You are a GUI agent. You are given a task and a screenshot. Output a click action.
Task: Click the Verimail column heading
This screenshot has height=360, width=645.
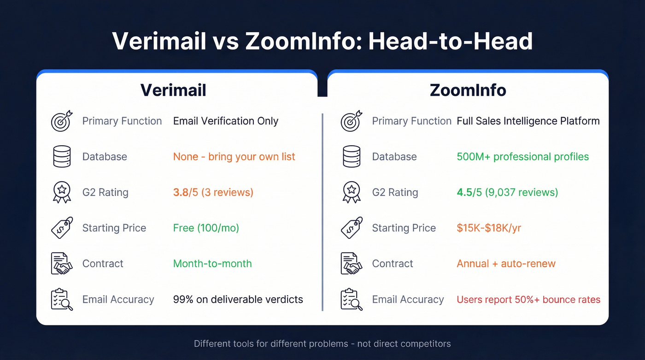[173, 90]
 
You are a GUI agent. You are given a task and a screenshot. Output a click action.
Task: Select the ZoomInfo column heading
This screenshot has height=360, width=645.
[468, 90]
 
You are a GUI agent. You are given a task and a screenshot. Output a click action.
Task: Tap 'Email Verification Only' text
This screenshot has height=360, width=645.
[226, 121]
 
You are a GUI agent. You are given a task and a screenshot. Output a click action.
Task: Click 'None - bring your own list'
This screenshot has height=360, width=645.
[234, 157]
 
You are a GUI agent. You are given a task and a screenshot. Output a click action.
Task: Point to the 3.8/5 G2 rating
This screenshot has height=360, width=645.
[213, 192]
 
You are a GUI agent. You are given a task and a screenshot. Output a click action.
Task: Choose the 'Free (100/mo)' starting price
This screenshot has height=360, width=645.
[206, 228]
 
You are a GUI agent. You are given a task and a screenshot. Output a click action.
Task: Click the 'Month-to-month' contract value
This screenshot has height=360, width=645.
[212, 264]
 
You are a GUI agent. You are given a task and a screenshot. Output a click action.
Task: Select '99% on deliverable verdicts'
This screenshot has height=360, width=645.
[238, 300]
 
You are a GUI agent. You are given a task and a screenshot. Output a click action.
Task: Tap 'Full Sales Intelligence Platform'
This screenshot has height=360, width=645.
[528, 121]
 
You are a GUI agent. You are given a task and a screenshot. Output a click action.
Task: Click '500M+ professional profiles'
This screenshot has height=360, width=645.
[522, 157]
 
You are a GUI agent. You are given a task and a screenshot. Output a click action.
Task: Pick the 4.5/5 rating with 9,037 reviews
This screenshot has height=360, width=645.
[507, 192]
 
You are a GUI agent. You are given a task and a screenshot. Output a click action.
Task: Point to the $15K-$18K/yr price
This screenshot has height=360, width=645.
[489, 228]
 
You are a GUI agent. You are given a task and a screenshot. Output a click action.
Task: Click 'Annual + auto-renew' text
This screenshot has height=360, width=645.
[506, 264]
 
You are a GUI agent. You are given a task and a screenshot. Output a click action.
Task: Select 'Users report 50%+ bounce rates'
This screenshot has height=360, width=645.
[528, 300]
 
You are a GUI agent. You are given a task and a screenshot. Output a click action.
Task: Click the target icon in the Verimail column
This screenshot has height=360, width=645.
[62, 121]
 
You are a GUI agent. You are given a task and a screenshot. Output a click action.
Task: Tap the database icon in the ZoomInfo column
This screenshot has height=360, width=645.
[352, 157]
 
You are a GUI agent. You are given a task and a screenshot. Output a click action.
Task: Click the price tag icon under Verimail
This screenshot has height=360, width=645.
[62, 228]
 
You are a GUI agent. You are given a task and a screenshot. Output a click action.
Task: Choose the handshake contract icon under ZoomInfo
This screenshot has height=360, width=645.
[352, 264]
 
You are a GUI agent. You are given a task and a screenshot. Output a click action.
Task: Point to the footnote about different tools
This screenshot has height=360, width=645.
[322, 344]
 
